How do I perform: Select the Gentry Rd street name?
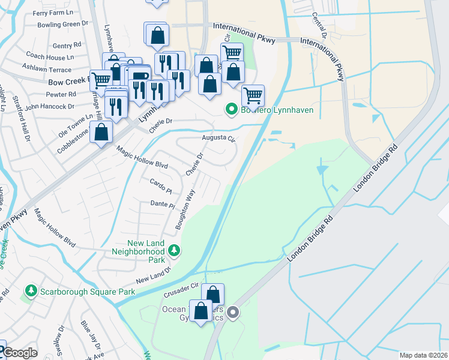[x=66, y=45]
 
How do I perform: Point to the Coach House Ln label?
[x=53, y=57]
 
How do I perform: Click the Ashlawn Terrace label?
[x=47, y=68]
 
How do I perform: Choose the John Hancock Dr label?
[x=49, y=106]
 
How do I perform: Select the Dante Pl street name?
[x=162, y=205]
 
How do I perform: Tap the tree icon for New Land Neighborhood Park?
[x=174, y=249]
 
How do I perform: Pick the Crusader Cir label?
[x=181, y=290]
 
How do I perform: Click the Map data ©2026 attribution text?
[x=423, y=355]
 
